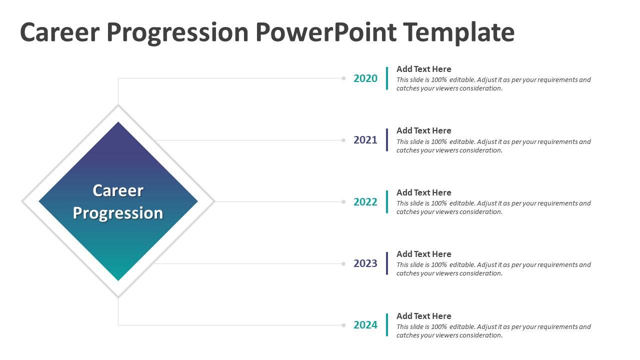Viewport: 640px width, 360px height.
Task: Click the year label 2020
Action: [365, 78]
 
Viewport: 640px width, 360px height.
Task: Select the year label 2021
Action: [365, 140]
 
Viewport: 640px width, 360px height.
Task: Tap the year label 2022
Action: [365, 202]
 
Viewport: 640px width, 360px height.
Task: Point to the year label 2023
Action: [365, 263]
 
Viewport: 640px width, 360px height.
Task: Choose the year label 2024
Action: [365, 325]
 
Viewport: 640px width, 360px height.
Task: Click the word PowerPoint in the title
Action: [326, 32]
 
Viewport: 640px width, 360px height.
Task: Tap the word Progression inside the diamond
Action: [118, 213]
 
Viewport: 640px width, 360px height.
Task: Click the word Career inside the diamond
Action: [118, 190]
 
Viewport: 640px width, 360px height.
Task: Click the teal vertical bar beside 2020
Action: [387, 78]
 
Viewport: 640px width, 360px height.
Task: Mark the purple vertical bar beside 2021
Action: [387, 140]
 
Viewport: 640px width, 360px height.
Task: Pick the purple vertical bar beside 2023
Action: [387, 263]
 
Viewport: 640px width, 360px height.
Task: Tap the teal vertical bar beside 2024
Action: [387, 325]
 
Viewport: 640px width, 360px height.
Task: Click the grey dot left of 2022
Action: [343, 202]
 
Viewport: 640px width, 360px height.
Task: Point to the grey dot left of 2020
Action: [343, 78]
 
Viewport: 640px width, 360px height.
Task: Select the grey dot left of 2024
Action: [343, 325]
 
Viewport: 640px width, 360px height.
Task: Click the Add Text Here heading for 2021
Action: [423, 131]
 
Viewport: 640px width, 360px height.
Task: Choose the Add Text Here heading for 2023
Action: [423, 254]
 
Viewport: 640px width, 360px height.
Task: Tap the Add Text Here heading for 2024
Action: [423, 316]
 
